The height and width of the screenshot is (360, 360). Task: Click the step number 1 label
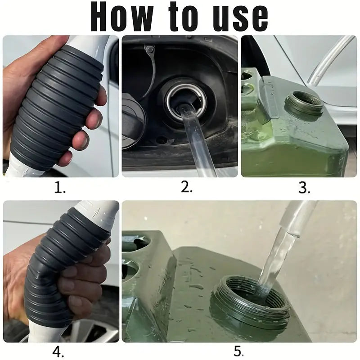click(60, 188)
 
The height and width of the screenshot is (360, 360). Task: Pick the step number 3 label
click(305, 188)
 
